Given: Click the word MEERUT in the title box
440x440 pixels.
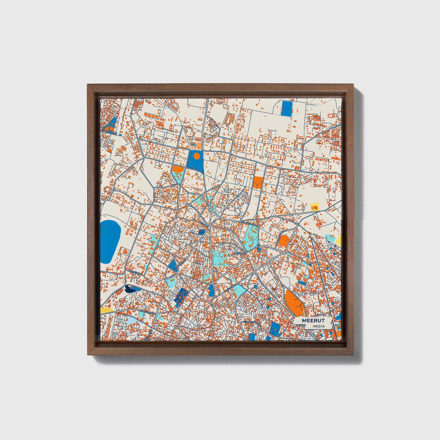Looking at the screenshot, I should point(313,321).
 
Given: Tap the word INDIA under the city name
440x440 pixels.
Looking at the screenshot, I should point(318,326).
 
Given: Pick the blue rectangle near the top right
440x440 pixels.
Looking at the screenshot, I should point(287,108).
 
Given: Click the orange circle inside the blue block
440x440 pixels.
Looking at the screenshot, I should point(196,156).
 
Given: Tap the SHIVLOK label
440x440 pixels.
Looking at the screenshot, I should point(240,253).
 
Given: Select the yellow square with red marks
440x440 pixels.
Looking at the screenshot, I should point(314,207).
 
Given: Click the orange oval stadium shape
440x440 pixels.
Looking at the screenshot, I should point(284,241).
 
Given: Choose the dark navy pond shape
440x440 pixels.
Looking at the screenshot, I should point(130,289).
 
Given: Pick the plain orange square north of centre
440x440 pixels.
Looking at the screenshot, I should point(257,182).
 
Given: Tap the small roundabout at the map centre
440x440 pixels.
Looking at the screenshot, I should point(211,209).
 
